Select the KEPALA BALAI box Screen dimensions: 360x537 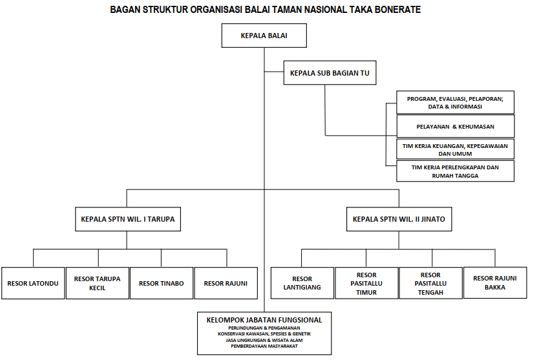pos(264,36)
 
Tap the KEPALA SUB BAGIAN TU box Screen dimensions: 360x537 pos(330,73)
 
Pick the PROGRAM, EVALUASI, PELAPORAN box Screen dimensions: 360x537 pos(455,102)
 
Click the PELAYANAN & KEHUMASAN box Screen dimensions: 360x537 pos(455,126)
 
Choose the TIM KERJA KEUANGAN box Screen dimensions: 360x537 pos(455,150)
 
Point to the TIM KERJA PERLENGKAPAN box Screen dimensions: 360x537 pos(455,171)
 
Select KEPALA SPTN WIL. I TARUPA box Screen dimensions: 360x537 pos(127,219)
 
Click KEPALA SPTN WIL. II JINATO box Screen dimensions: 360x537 pos(399,219)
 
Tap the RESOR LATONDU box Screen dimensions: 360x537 pos(33,283)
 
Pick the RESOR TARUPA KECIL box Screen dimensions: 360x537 pos(97,283)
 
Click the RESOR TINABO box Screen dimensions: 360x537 pos(162,283)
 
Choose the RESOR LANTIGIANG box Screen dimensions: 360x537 pos(302,283)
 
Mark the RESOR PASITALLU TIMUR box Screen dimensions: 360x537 pos(366,283)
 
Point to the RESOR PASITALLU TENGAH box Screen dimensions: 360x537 pos(430,283)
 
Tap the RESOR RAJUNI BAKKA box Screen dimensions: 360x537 pos(494,282)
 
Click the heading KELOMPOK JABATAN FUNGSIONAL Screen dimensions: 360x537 pos(264,319)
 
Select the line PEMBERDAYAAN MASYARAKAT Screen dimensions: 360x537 pos(264,346)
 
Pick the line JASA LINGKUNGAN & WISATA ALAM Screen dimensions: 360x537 pos(264,339)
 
